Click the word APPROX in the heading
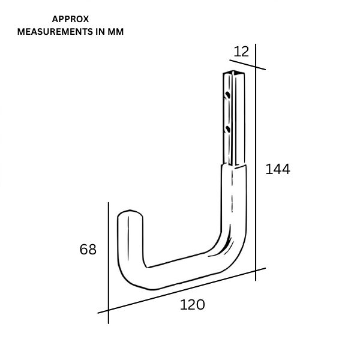coord(71,19)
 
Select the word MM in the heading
coord(115,32)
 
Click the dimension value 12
coord(241,52)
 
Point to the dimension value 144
coord(278,170)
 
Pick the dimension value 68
coord(88,250)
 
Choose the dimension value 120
coord(192,305)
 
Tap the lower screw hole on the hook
coord(227,128)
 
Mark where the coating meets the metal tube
coord(235,167)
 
